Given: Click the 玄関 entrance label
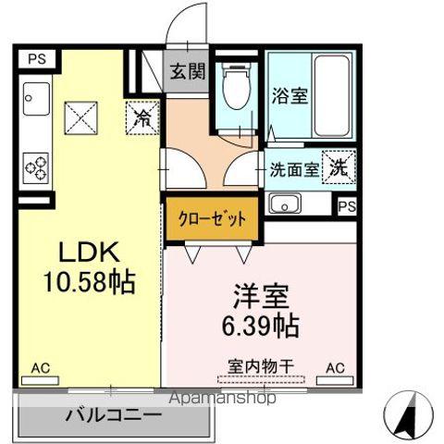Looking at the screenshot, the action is coord(188,72).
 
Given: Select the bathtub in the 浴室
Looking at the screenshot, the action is coord(332,96).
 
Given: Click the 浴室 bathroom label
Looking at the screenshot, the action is coord(290,96).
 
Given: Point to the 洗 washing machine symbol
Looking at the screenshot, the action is coord(339,166).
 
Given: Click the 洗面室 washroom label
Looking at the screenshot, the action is coord(294,169).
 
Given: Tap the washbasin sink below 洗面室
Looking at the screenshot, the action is coord(285,203).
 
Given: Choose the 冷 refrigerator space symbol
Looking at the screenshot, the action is coord(142,118).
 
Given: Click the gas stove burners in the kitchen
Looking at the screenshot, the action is coord(36,168).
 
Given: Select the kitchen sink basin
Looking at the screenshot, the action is coord(36,99).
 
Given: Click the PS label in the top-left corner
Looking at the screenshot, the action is coord(37,58).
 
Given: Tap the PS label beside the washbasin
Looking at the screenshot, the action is coord(347,206).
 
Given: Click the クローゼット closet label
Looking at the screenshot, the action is coord(212,219).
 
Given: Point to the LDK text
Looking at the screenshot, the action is coord(89,252).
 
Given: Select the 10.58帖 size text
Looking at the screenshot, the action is coord(90,281).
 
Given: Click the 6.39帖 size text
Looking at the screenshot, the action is coord(261,325).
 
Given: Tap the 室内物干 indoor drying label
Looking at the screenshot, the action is coord(261,366).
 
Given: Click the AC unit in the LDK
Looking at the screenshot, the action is coord(40,380).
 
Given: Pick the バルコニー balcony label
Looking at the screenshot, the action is coord(113,415).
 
